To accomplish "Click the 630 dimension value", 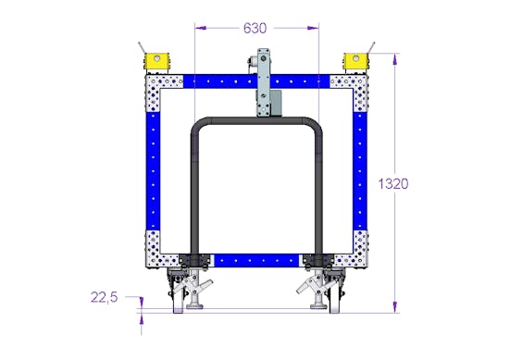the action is pos(255,29).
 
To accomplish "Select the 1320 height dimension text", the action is pos(393,183).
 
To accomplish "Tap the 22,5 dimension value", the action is pos(105,297).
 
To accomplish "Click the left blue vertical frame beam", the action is pos(153,171).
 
